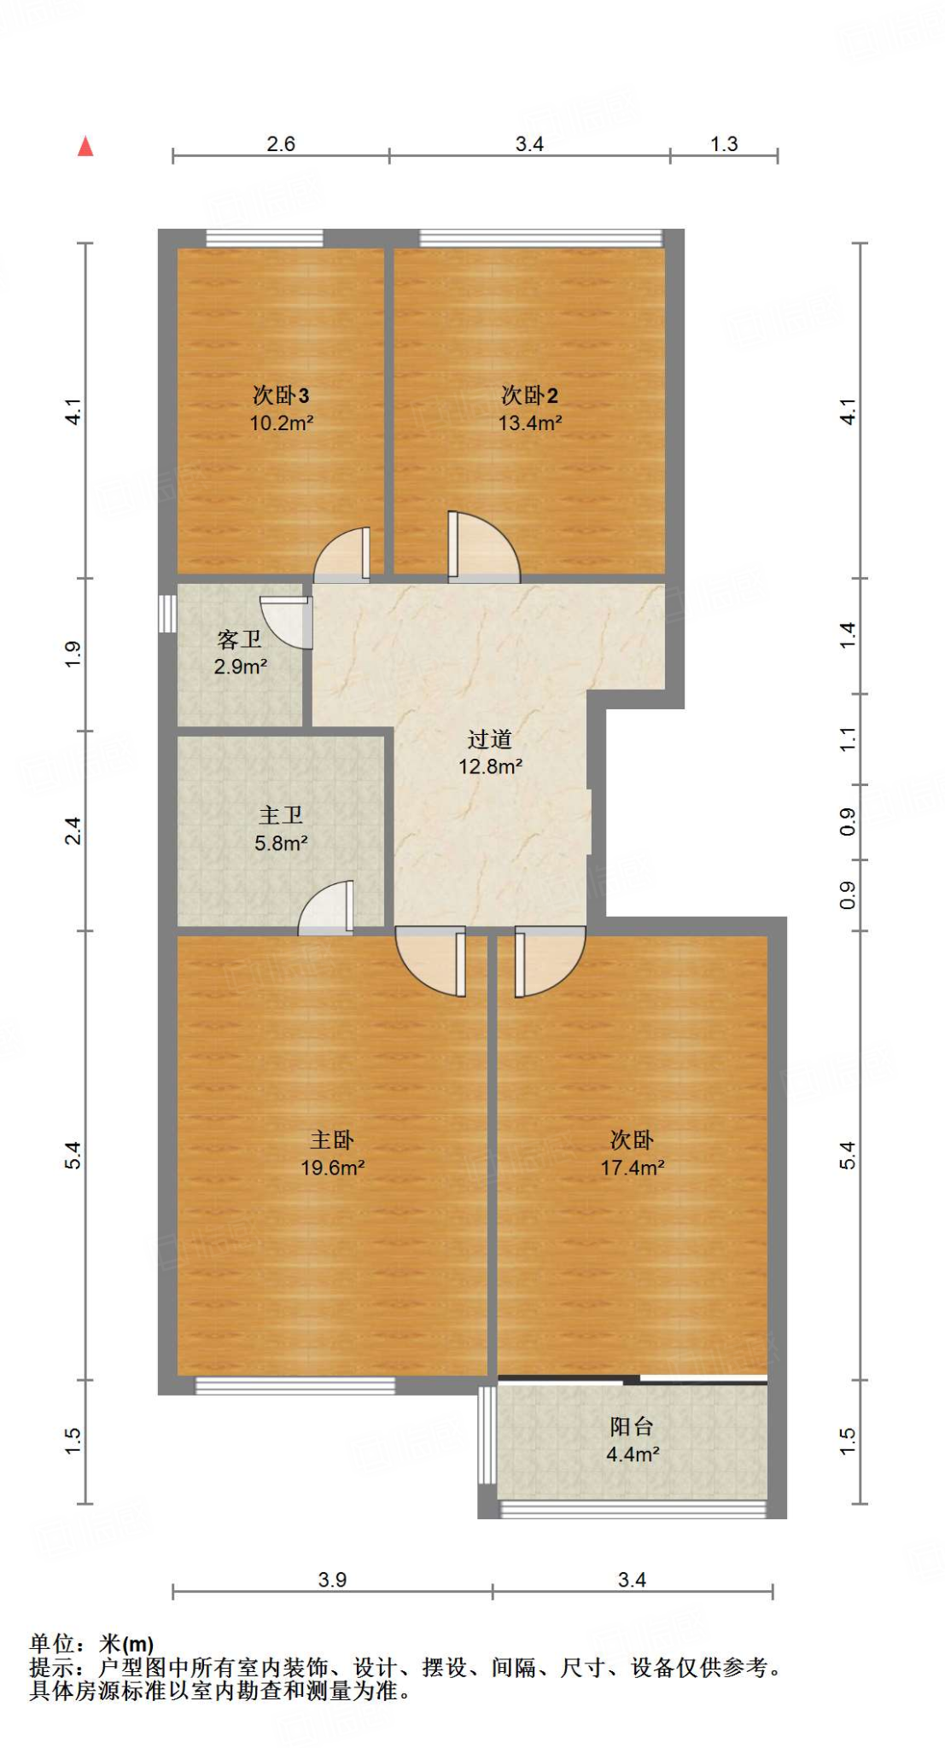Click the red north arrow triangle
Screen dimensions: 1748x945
[85, 147]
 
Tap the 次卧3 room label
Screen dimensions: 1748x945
[280, 395]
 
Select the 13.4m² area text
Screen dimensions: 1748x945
[529, 422]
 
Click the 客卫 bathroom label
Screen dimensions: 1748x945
[239, 639]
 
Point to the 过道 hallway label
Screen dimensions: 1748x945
[489, 739]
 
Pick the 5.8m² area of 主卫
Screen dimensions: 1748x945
[281, 843]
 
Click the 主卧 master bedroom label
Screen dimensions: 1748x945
[331, 1140]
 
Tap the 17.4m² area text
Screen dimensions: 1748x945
[632, 1168]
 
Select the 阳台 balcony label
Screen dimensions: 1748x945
[632, 1426]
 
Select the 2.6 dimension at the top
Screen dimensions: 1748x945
[281, 143]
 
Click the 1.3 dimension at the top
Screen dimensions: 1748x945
[724, 143]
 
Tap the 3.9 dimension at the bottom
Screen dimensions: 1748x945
[332, 1580]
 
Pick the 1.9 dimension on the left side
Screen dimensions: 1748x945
[73, 654]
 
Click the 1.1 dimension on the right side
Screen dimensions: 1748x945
[847, 739]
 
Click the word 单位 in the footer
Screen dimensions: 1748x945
[53, 1643]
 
